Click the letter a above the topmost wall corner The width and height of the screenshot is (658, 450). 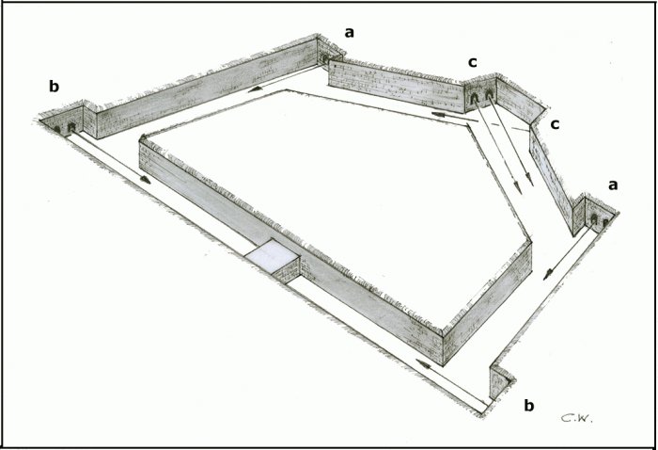click(x=349, y=33)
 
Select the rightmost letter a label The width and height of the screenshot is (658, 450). click(x=613, y=185)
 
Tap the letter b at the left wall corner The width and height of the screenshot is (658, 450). click(x=55, y=86)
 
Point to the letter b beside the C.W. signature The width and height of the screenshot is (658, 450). click(x=529, y=406)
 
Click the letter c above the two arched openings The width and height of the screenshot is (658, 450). click(x=473, y=62)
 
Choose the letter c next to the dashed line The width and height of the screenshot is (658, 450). click(x=555, y=124)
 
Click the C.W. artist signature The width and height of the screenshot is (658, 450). click(x=577, y=417)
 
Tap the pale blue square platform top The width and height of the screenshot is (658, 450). click(x=273, y=254)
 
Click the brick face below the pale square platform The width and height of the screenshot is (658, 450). click(x=286, y=270)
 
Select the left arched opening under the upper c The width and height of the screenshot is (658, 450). click(x=474, y=99)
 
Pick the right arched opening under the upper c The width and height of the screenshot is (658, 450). click(x=489, y=95)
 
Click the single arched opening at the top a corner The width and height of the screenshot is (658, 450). click(x=325, y=58)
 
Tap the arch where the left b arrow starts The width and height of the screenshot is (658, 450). click(x=71, y=126)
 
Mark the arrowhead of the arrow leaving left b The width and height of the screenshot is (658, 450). click(x=145, y=180)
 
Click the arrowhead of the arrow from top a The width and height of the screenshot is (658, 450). click(x=254, y=89)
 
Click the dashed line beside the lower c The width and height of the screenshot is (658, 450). click(x=510, y=127)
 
